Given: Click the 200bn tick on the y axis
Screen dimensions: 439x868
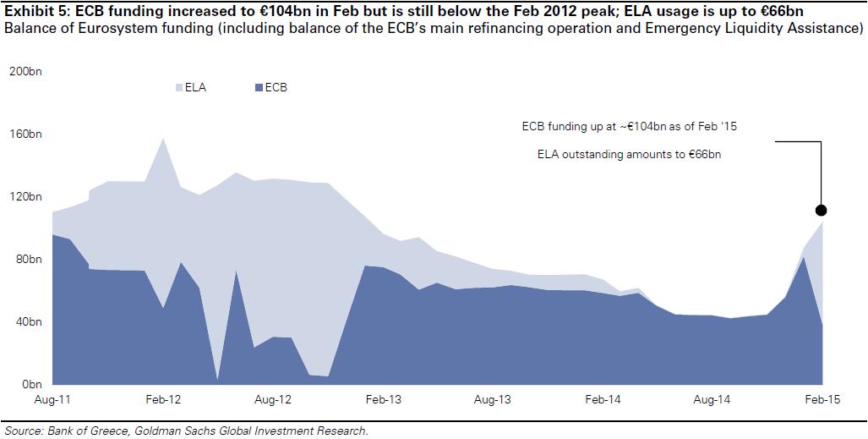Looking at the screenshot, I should click(x=25, y=73).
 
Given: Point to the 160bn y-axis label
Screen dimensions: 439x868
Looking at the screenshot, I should click(x=25, y=135).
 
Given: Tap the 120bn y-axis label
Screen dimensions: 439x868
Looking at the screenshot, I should click(x=25, y=197).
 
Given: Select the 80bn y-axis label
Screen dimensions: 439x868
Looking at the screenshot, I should click(x=28, y=260).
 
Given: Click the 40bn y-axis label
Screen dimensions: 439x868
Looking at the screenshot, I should click(x=28, y=322).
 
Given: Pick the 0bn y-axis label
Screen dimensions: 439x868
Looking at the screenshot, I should click(x=30, y=385).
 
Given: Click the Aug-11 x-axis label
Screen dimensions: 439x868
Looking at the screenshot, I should click(x=52, y=398).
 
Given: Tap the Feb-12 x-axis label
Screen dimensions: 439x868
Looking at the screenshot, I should click(x=163, y=398).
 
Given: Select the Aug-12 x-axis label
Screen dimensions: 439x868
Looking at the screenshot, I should click(x=272, y=398).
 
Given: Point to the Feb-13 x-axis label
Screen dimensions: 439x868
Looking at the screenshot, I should click(x=383, y=398).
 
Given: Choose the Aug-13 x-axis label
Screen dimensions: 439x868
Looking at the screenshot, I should click(x=492, y=398).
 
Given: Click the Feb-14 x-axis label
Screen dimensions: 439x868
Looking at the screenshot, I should click(x=603, y=398).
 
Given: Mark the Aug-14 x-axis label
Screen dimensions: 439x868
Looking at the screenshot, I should click(x=712, y=398).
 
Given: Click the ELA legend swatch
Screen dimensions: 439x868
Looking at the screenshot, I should click(x=179, y=87).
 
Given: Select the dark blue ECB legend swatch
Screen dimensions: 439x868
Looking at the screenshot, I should click(x=259, y=87).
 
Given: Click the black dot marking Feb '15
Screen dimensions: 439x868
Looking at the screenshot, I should click(x=821, y=210).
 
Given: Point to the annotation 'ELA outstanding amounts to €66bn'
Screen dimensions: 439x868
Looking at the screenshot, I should click(x=629, y=155).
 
